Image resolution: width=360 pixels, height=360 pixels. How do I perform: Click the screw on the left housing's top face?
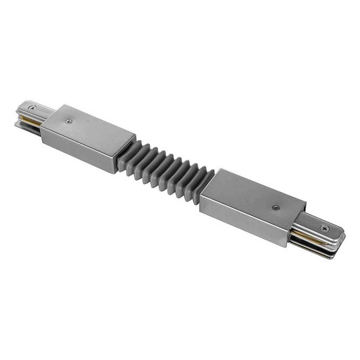[x=69, y=121]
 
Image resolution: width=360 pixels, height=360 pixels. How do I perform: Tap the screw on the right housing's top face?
[x=276, y=209]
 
